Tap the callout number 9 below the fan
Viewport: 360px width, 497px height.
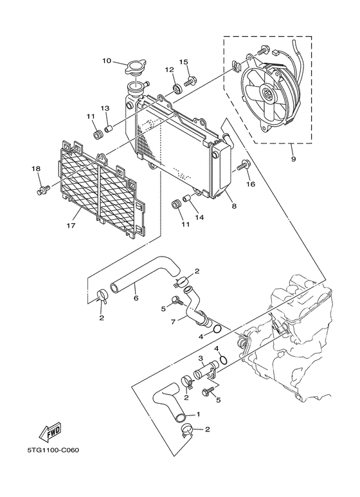click(x=293, y=158)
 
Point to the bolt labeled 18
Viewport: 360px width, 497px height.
click(x=44, y=190)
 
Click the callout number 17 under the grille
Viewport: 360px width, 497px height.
click(x=71, y=226)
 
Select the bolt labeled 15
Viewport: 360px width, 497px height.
click(x=191, y=81)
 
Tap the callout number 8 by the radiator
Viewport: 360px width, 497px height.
click(x=233, y=206)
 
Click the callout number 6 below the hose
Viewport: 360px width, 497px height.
click(x=135, y=298)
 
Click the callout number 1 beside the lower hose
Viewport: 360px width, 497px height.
click(x=198, y=414)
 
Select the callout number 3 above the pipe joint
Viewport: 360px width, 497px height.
click(x=201, y=357)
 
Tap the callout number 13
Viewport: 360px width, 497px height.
click(x=104, y=108)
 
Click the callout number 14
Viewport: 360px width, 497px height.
click(x=200, y=218)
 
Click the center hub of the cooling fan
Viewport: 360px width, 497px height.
click(x=267, y=98)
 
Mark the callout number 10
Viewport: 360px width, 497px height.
click(x=107, y=61)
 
